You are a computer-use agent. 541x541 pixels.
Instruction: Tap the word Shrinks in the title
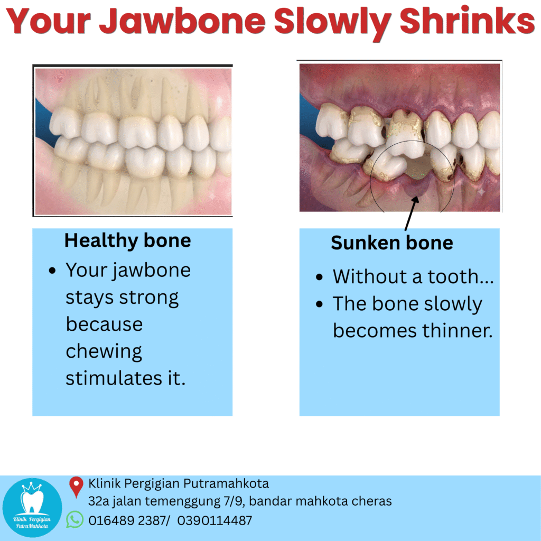click(467, 21)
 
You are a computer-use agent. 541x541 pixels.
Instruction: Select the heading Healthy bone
click(128, 240)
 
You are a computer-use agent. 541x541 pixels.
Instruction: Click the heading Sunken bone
click(392, 243)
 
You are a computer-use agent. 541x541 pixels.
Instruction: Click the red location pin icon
click(76, 487)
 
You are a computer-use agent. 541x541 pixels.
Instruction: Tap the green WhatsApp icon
click(75, 519)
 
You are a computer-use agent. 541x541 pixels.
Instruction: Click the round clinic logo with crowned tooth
click(32, 508)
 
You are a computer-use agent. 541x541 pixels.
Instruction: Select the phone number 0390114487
click(214, 520)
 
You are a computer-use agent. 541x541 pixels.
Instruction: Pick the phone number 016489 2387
click(127, 520)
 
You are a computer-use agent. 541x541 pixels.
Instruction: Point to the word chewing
click(104, 351)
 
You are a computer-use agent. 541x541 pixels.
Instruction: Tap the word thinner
click(458, 331)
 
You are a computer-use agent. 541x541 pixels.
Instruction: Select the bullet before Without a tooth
click(319, 277)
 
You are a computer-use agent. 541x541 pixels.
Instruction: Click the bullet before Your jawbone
click(52, 270)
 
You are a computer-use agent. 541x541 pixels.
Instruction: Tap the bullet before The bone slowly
click(319, 304)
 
